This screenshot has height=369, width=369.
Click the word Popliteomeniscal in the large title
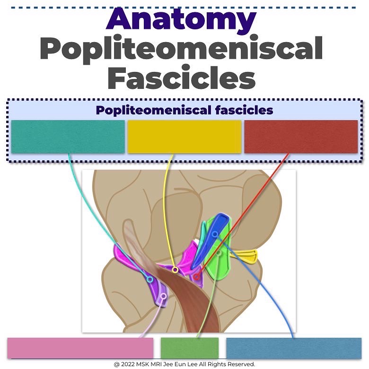pos(181,49)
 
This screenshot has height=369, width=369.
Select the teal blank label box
pos(68,137)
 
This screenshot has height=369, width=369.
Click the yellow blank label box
pos(184,137)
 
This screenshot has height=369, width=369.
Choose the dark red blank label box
pos(301,137)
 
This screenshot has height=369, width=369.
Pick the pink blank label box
pos(80,348)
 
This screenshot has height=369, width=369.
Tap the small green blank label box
pos(190,348)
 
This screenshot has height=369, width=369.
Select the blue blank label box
pos(294,348)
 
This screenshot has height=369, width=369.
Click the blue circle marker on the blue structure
pos(215,234)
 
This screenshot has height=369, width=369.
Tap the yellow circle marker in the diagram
pos(175,270)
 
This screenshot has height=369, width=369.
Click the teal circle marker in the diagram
pos(149,280)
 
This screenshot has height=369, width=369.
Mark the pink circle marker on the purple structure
pos(163,296)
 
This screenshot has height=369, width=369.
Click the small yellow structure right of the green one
pos(246,256)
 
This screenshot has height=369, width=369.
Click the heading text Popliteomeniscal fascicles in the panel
pos(184,110)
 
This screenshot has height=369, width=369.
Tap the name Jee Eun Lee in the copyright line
pos(190,364)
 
